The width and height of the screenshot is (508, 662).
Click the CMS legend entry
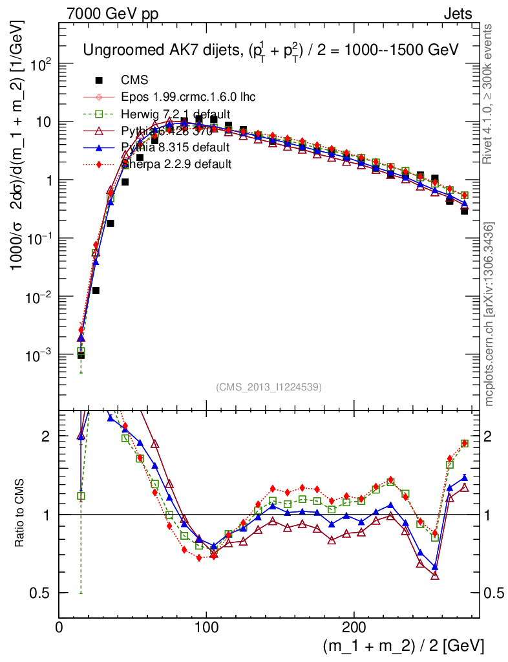coord(134,80)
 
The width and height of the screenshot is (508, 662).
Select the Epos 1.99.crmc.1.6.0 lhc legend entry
coord(188,97)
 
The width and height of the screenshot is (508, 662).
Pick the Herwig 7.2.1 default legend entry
coord(176,114)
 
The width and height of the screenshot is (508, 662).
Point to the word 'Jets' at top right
coord(457,14)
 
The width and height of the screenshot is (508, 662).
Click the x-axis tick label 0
coord(59,626)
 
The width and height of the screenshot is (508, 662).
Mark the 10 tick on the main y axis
coord(43,122)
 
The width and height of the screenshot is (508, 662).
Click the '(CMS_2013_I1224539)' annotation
coord(269,387)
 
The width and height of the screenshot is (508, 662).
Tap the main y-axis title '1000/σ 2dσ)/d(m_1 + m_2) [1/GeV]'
coord(18,149)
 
